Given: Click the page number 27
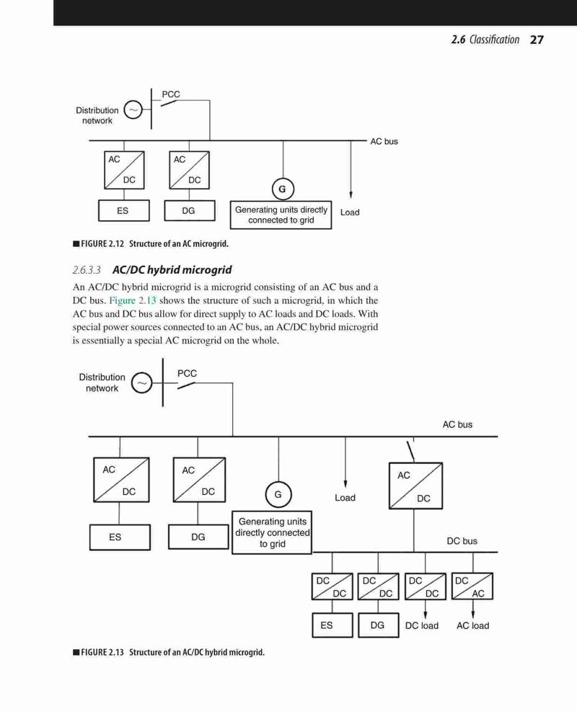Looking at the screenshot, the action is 537,40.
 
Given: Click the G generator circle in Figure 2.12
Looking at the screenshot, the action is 283,189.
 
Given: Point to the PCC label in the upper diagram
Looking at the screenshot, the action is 171,94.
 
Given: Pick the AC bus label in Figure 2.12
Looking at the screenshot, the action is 384,141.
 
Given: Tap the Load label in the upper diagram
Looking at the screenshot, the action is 350,213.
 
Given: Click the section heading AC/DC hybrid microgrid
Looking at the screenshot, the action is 172,270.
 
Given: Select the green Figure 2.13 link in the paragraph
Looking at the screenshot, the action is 133,300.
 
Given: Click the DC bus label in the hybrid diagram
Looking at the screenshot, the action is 462,541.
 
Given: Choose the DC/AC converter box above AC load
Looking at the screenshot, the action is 472,586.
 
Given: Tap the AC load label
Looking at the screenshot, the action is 472,626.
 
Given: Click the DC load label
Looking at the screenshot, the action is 422,626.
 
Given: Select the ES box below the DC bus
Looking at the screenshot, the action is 332,625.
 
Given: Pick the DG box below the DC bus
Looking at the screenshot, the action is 378,625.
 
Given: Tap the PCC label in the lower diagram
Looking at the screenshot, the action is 187,374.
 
